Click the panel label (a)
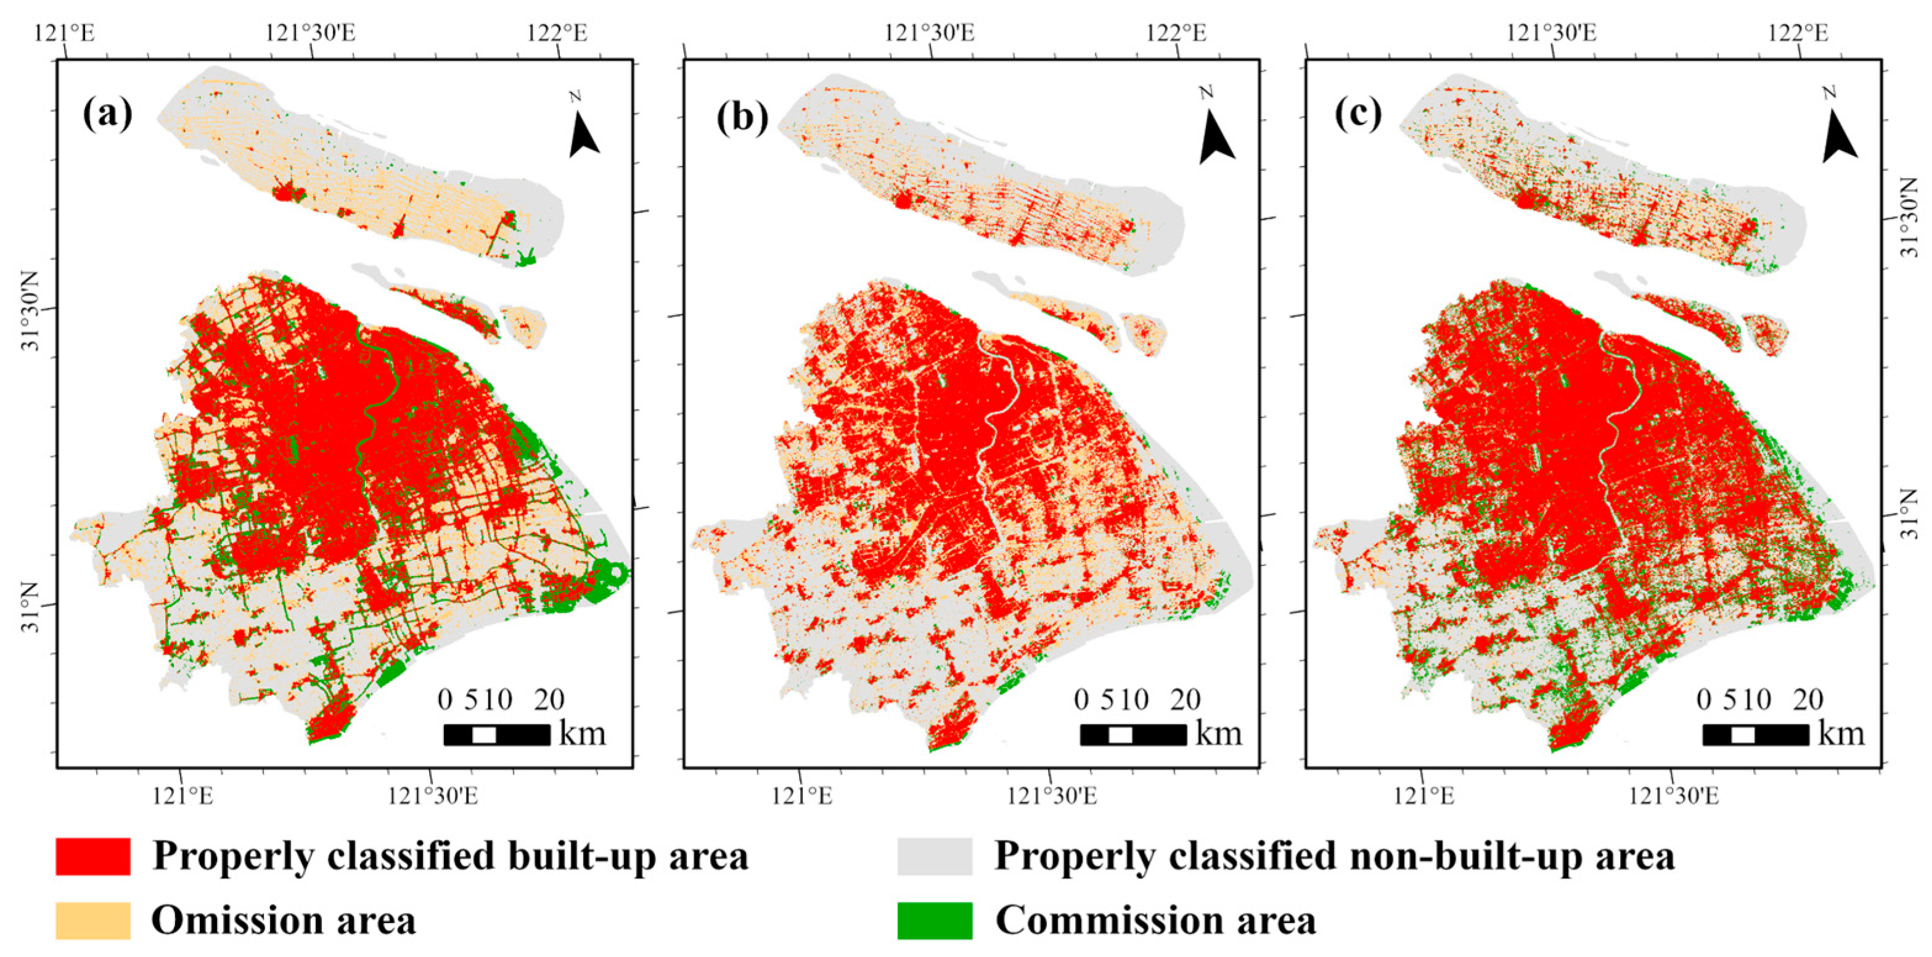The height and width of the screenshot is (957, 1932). pyautogui.click(x=108, y=114)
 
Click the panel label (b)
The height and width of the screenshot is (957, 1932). pyautogui.click(x=742, y=118)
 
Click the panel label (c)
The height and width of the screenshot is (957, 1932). pyautogui.click(x=1358, y=114)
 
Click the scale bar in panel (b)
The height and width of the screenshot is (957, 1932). pyautogui.click(x=1132, y=734)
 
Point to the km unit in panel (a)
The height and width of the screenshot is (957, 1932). pyautogui.click(x=583, y=733)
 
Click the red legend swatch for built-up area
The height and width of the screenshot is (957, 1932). pyautogui.click(x=93, y=856)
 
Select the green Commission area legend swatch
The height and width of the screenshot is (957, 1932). pyautogui.click(x=935, y=920)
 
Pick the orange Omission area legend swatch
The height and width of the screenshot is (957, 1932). pyautogui.click(x=93, y=920)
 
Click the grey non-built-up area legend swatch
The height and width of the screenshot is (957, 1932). pyautogui.click(x=935, y=856)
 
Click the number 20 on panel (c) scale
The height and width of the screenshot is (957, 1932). pyautogui.click(x=1808, y=700)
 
